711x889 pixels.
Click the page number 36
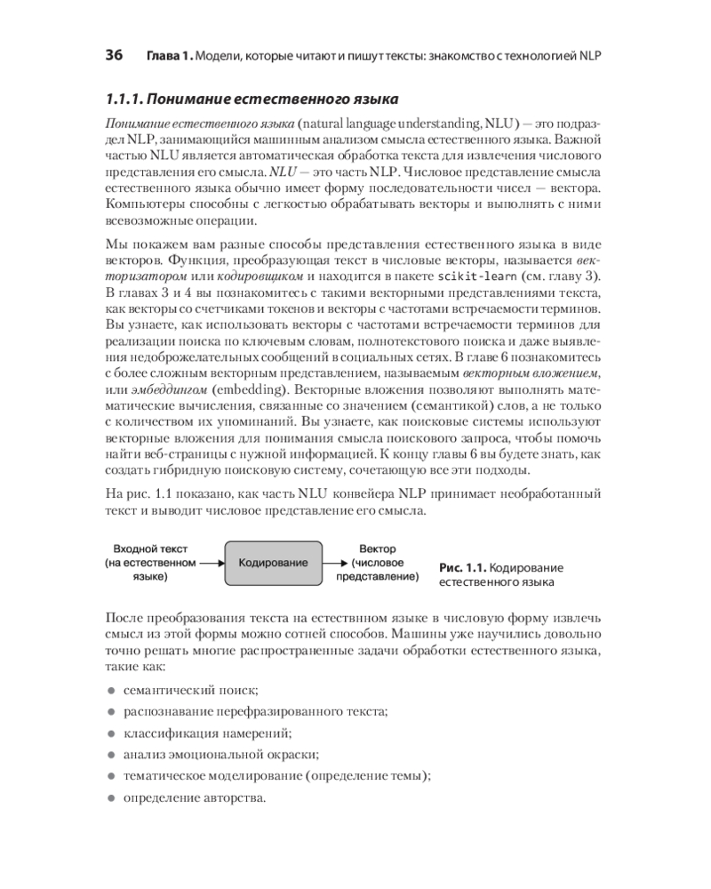(x=114, y=54)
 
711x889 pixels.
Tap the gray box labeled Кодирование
(x=274, y=563)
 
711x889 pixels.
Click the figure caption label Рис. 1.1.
(x=461, y=567)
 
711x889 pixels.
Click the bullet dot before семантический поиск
(x=111, y=690)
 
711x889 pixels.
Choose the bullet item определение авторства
(x=195, y=797)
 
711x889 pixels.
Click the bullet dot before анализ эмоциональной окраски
(x=111, y=754)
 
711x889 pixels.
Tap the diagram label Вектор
(x=378, y=549)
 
